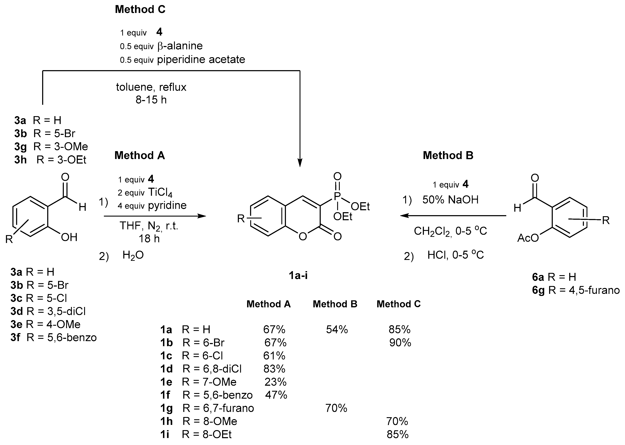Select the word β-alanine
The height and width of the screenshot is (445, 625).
point(180,46)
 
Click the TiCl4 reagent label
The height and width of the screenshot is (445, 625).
point(160,193)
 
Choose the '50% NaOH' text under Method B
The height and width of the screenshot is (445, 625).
point(450,200)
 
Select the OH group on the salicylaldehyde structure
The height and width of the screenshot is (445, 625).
point(69,237)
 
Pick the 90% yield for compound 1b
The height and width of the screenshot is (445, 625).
point(400,342)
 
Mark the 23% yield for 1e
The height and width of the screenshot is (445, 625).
point(275,382)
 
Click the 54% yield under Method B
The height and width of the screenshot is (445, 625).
point(337,329)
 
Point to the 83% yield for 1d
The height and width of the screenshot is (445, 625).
point(274,369)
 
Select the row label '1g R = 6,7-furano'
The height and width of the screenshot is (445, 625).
point(207,408)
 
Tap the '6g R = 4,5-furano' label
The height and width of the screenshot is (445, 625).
point(576,290)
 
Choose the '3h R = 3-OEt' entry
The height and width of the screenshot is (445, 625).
point(50,160)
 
